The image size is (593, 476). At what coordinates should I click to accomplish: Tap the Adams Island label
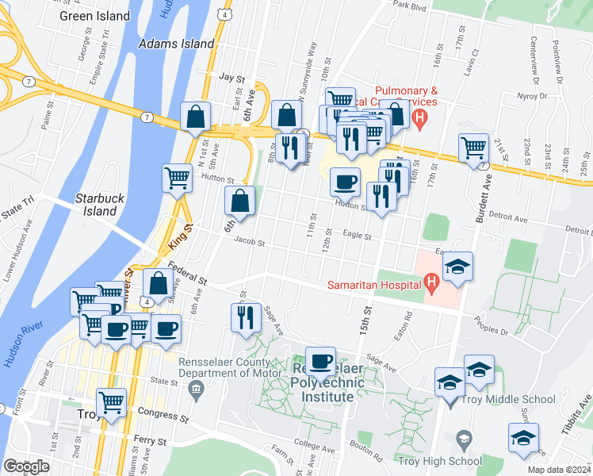pos(176,44)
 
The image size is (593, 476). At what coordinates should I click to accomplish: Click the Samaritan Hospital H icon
pos(431,280)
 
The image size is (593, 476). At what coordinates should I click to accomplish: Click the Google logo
pos(26,466)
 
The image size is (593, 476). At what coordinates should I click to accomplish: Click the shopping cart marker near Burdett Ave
pos(473,148)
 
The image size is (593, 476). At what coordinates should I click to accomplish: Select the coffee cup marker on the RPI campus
pos(320,362)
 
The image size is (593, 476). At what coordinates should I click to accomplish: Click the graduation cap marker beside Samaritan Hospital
pos(457,267)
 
